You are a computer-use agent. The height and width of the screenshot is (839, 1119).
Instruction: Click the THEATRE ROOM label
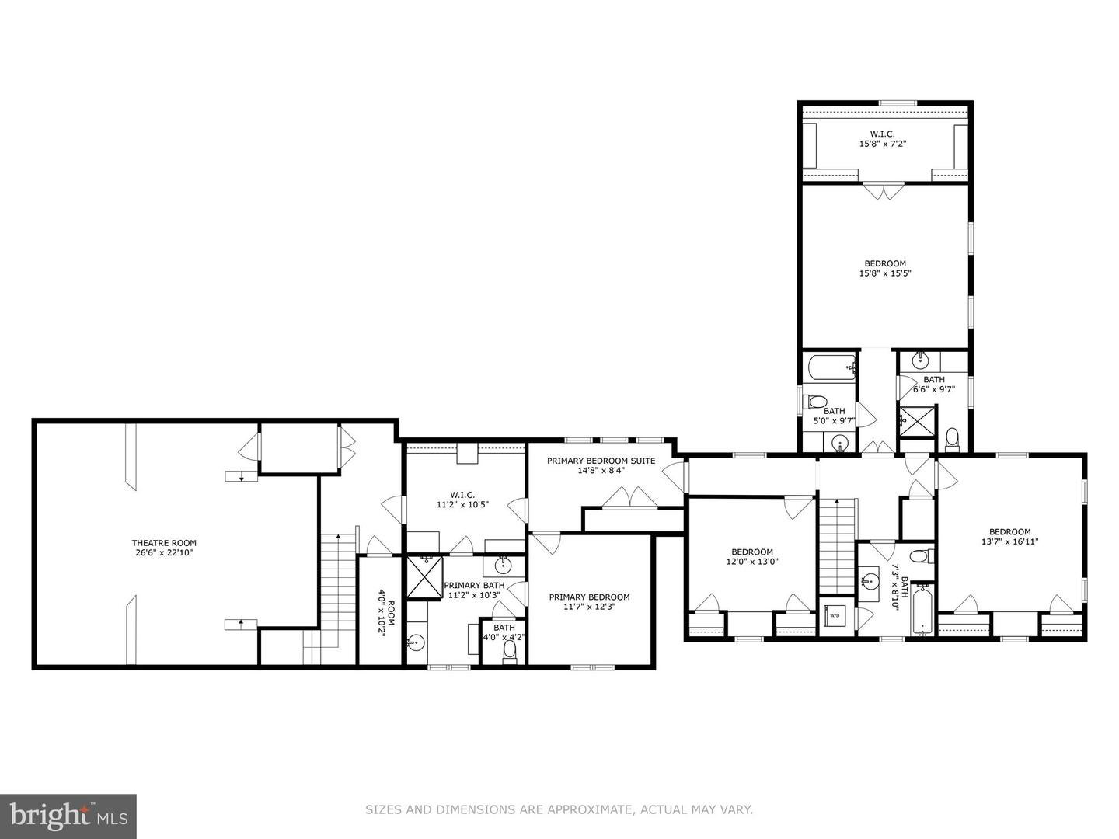163,543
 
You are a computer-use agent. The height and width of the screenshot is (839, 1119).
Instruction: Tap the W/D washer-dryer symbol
835,616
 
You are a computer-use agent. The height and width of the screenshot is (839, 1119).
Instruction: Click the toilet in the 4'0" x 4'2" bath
510,650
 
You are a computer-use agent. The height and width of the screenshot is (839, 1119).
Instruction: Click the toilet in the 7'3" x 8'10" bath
920,557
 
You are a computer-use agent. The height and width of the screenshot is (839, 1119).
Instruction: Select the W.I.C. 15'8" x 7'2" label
882,134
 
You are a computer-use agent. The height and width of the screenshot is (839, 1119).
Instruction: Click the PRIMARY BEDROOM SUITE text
601,461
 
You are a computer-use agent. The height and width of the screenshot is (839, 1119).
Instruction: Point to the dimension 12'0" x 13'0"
751,562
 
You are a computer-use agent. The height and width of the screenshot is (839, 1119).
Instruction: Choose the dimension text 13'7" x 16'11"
1009,542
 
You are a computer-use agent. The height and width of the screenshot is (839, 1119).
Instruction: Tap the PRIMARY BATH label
474,585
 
